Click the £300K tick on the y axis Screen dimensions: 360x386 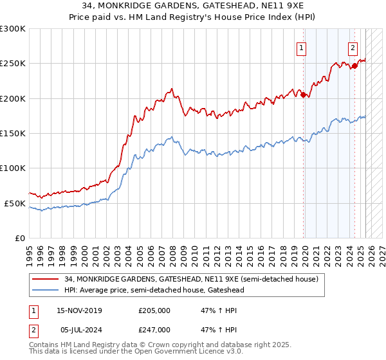click(13, 29)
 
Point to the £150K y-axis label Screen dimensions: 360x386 click(13, 134)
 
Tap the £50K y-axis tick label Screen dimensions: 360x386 click(15, 203)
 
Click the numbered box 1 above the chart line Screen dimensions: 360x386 click(302, 47)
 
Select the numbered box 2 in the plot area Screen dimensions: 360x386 click(353, 47)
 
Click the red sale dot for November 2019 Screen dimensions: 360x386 click(303, 94)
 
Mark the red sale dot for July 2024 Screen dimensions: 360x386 click(354, 66)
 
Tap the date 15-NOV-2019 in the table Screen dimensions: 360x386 click(79, 310)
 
